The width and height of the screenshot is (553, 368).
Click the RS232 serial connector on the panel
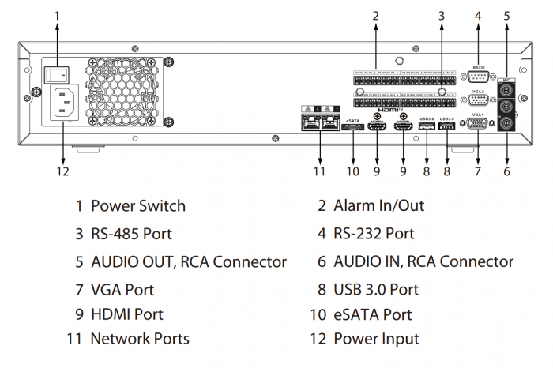(x=478, y=77)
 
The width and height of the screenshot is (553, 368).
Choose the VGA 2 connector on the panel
(x=478, y=100)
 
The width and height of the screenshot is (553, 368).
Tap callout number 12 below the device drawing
(x=63, y=171)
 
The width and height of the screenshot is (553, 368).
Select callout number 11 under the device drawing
(x=318, y=171)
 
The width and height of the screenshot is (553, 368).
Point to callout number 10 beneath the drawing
(x=352, y=171)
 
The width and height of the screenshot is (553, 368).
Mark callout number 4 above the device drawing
(x=478, y=14)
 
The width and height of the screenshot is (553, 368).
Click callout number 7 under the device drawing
(x=478, y=171)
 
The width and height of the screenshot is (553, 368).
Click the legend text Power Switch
(x=138, y=206)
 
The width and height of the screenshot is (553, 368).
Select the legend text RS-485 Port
(x=131, y=234)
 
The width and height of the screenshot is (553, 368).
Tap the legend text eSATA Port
(x=373, y=314)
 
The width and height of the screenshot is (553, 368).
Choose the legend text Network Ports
(x=140, y=339)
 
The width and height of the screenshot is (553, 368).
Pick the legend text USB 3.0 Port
(x=376, y=289)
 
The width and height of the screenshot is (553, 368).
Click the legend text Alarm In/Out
(x=379, y=206)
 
